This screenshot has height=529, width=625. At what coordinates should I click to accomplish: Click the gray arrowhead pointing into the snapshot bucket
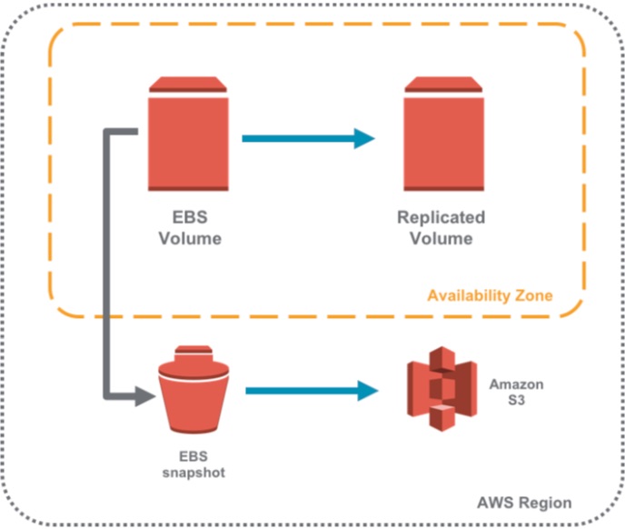(x=144, y=396)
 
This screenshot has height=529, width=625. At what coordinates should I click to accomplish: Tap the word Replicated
(x=441, y=218)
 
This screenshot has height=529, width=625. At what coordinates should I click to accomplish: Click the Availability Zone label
(x=490, y=295)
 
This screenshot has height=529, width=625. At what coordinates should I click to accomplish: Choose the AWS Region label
(x=524, y=503)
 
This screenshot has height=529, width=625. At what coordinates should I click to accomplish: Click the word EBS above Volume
(x=190, y=218)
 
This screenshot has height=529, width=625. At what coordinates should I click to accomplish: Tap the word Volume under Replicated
(x=441, y=239)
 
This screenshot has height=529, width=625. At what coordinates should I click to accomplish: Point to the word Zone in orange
(x=534, y=295)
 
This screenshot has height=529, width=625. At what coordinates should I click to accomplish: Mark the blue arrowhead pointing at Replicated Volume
(x=365, y=139)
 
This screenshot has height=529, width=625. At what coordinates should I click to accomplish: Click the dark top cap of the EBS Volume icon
(x=188, y=85)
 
